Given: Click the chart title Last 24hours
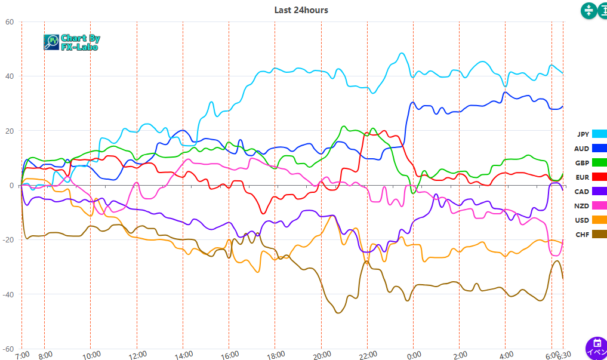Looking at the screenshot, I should coord(301,10).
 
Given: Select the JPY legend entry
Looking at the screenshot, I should coord(591,134).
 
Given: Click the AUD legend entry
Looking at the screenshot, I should coord(591,149).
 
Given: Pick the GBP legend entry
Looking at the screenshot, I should coord(591,163).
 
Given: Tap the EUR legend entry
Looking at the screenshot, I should coord(591,177).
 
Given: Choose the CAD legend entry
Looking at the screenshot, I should coord(591,192).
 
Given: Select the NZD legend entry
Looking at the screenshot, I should coord(591,206).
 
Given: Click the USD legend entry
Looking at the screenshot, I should coord(591,220).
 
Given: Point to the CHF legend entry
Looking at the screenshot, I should coord(591,235).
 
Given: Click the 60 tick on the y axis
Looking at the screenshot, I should coord(9,22).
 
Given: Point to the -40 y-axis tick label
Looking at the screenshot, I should coord(8,294).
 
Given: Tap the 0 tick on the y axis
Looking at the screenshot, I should coord(11,186).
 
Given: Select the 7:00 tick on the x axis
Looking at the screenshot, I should coord(21,355).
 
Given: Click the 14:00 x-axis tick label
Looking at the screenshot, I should coord(183,355).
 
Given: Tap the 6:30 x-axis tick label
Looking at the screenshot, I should coord(563,355).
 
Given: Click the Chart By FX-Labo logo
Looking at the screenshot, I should coord(72,42).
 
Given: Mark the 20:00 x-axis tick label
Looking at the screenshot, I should coord(321,355).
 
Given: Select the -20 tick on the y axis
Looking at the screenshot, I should coord(8,240).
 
